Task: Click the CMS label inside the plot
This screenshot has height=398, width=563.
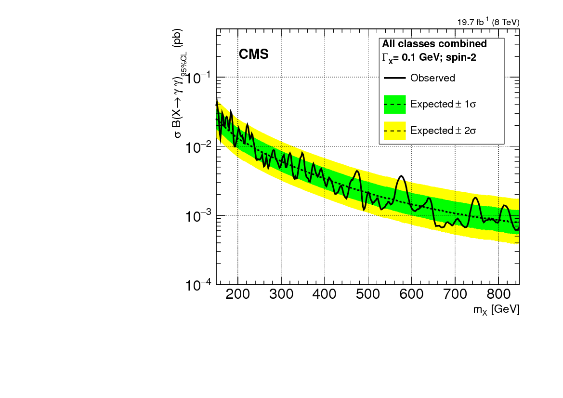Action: pos(253,54)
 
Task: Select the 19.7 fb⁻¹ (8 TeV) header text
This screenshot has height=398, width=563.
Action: pos(488,22)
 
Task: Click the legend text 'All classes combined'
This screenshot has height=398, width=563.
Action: pos(434,44)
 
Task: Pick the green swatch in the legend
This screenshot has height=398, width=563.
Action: pos(395,104)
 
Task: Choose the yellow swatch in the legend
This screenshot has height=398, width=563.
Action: pos(395,131)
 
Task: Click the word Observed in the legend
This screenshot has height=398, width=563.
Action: pos(432,78)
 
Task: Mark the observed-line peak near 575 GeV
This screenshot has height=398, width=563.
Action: pos(401,176)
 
